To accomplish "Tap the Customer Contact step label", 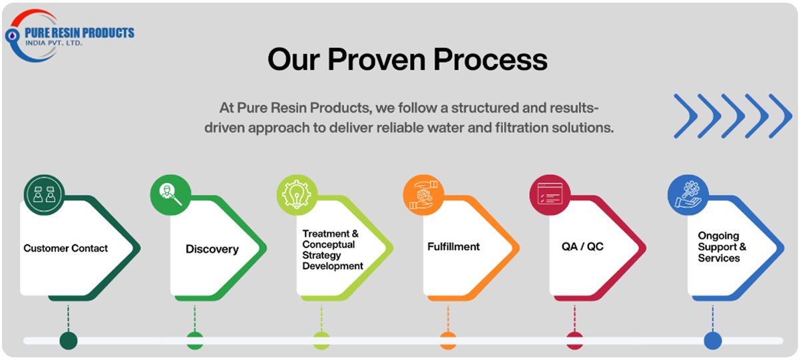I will (x=65, y=248).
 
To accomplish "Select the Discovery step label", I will (x=212, y=250).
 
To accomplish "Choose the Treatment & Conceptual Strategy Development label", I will (x=332, y=250).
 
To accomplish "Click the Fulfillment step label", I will (x=453, y=246).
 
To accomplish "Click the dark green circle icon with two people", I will (x=44, y=194).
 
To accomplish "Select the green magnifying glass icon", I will (x=170, y=194).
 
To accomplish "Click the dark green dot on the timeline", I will (x=68, y=341).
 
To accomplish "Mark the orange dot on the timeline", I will (x=448, y=341).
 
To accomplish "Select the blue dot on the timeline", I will (x=713, y=341).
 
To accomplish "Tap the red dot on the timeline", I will (x=574, y=341).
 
